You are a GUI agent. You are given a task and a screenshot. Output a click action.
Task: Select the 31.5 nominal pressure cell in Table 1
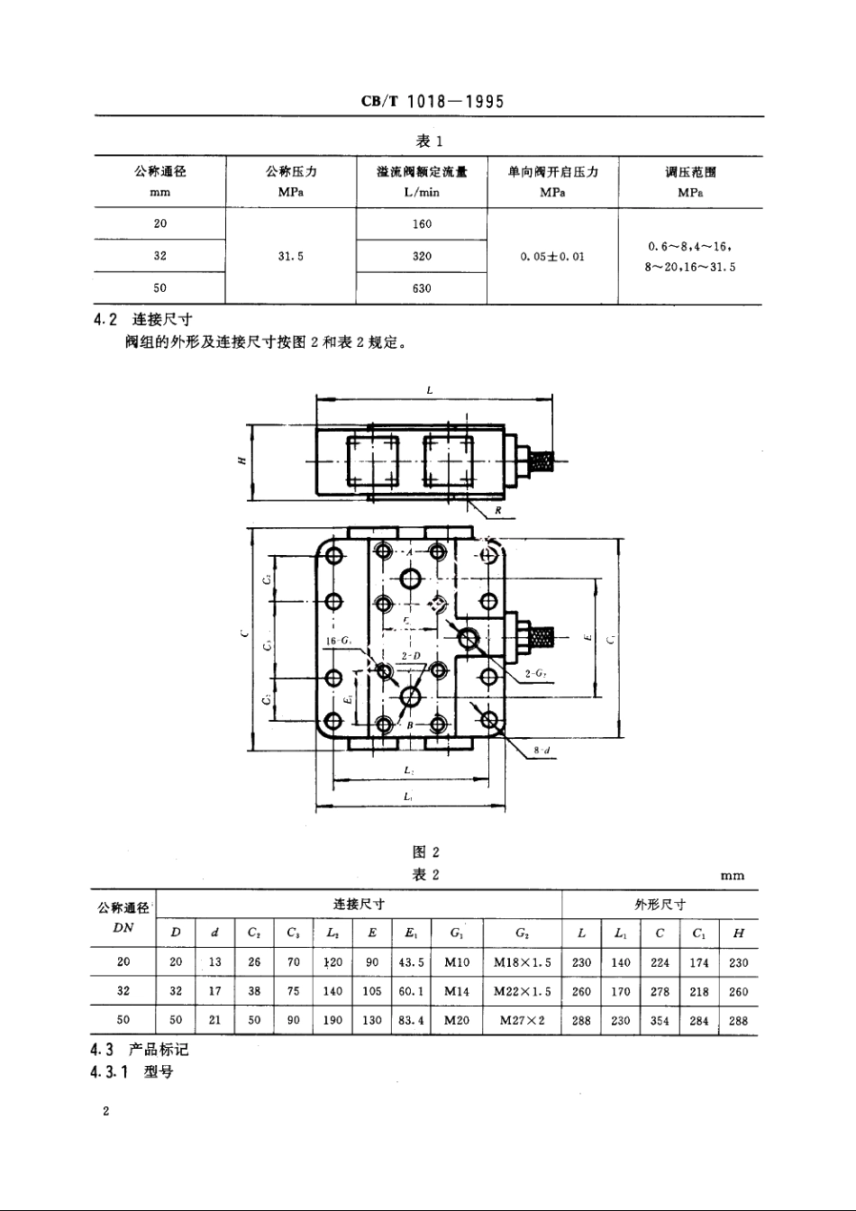coord(290,256)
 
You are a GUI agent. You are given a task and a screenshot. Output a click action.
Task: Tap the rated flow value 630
coord(422,288)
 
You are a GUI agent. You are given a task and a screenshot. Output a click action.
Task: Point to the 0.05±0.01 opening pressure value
coord(552,256)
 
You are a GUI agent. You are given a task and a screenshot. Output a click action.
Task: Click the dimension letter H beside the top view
coord(241,460)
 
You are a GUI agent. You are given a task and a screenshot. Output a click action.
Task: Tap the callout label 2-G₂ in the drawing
coord(539,673)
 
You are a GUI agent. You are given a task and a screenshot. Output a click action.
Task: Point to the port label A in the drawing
coord(409,551)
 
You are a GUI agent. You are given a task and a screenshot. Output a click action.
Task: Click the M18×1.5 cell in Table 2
coord(523,962)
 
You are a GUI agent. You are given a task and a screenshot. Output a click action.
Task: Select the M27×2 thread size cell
coord(523,1021)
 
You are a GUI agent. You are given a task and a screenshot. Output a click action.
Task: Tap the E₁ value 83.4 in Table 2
coord(412,1021)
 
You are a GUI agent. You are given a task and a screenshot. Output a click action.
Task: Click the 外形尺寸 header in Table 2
coord(660,905)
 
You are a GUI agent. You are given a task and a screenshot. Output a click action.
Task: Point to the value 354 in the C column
coord(660,1021)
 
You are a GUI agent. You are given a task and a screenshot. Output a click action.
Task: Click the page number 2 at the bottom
coord(105,1112)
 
